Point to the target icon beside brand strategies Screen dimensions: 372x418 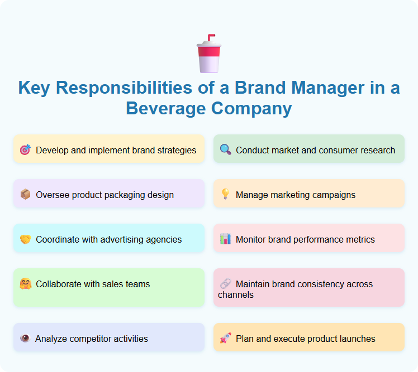(25, 150)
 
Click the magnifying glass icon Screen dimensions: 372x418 (225, 150)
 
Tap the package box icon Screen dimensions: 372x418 (25, 195)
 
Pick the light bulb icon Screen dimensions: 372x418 (225, 195)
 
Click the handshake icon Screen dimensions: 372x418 (25, 239)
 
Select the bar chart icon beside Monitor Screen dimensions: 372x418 (225, 239)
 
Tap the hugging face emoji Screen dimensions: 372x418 (25, 284)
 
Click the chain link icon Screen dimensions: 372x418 (225, 284)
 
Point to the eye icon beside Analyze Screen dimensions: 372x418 (25, 339)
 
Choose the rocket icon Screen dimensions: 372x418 (225, 339)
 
